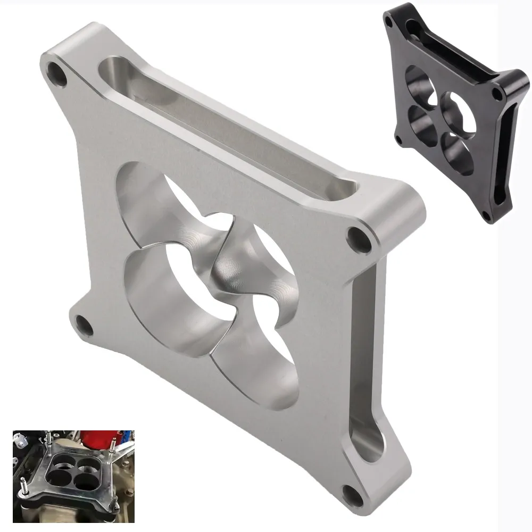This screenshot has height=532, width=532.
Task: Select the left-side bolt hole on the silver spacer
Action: click(82, 323)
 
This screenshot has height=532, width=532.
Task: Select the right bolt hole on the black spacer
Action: click(496, 94)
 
